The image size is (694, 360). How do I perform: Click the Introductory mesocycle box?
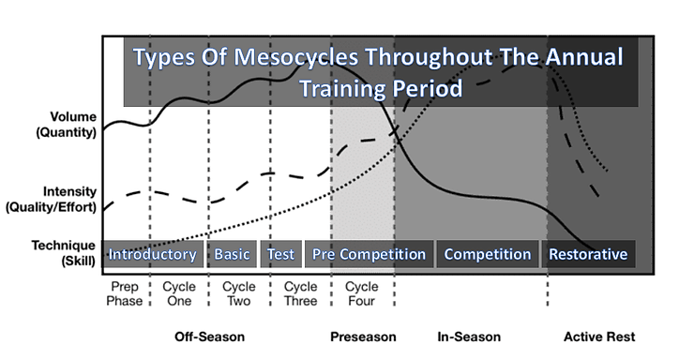click(153, 254)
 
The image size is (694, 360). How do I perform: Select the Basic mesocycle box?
click(233, 254)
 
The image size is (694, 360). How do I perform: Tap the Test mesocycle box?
click(281, 254)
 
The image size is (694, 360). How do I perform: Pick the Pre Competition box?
click(369, 254)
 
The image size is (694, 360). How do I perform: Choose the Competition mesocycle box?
click(488, 254)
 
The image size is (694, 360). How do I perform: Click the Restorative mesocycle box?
click(588, 254)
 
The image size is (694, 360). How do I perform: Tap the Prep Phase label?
click(126, 293)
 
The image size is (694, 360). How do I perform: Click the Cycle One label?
click(180, 293)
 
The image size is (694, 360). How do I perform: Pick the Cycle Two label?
click(240, 293)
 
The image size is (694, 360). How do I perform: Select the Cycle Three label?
click(301, 293)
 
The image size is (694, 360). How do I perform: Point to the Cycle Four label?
click(362, 293)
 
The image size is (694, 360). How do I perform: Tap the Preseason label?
click(363, 337)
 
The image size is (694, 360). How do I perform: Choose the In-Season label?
click(469, 337)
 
